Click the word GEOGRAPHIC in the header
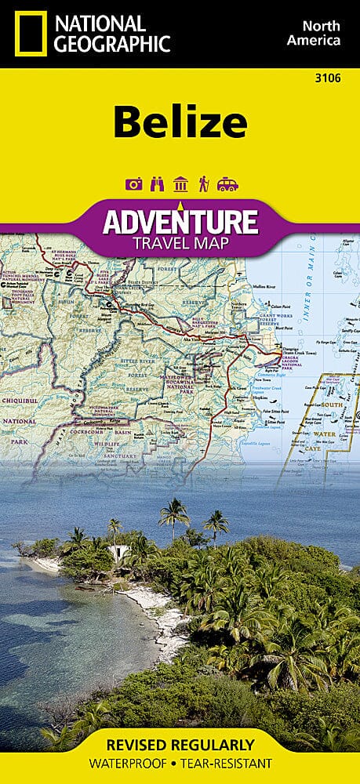110,44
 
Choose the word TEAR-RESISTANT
229,763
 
